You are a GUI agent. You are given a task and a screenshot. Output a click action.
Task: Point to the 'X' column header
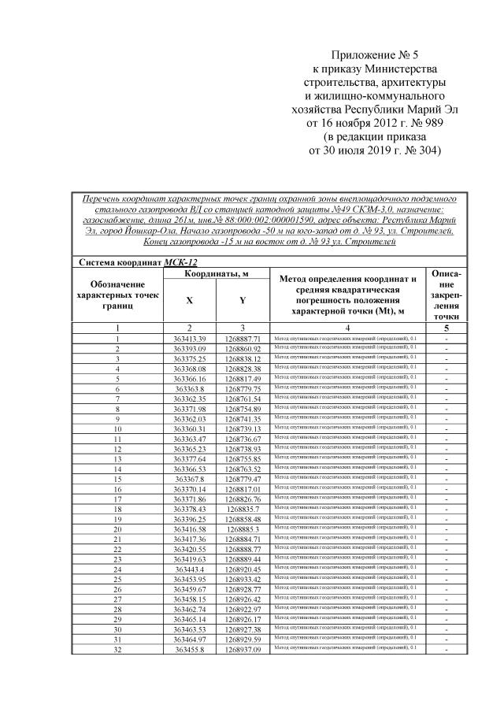tap(189, 300)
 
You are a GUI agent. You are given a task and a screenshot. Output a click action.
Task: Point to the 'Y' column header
tap(243, 300)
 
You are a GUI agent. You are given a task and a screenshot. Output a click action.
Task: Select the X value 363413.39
tap(189, 338)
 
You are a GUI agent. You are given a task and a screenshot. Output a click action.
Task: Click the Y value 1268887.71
tap(243, 338)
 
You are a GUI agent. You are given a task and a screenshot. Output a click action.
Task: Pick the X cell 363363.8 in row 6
tap(189, 388)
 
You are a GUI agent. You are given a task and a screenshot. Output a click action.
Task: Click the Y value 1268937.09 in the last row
tap(243, 649)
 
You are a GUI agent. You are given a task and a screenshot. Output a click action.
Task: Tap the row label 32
tap(117, 649)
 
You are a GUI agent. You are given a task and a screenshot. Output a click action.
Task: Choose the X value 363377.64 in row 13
tap(189, 458)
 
